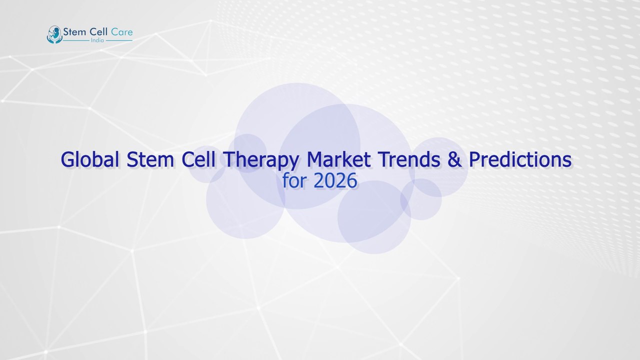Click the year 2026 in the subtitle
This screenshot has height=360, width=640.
tap(335, 181)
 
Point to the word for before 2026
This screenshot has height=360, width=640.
tap(295, 181)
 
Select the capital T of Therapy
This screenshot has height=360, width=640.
tap(229, 160)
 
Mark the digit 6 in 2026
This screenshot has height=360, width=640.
tap(352, 181)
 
